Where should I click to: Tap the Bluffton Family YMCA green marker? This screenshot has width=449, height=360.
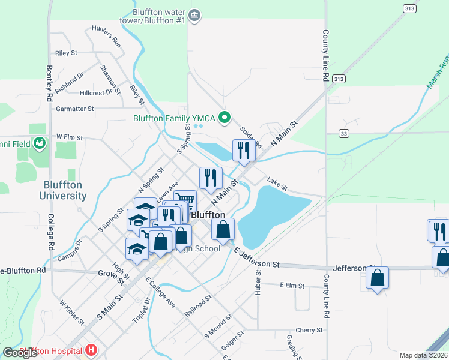pyautogui.click(x=225, y=118)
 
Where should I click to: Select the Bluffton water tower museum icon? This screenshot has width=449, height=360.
pyautogui.click(x=194, y=16)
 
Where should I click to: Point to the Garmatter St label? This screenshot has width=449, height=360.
pyautogui.click(x=75, y=109)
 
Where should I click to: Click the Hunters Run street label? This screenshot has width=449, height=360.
pyautogui.click(x=106, y=37)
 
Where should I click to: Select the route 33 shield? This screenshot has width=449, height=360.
pyautogui.click(x=343, y=133)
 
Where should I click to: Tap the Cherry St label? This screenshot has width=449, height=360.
pyautogui.click(x=309, y=330)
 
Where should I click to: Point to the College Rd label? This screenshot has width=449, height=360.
pyautogui.click(x=51, y=233)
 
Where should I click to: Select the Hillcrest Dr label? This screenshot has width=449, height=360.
pyautogui.click(x=96, y=93)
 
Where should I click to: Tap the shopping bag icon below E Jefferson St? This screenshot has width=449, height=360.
pyautogui.click(x=377, y=278)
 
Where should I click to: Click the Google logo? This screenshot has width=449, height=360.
pyautogui.click(x=20, y=353)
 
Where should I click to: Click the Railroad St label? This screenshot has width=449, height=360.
pyautogui.click(x=198, y=305)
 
